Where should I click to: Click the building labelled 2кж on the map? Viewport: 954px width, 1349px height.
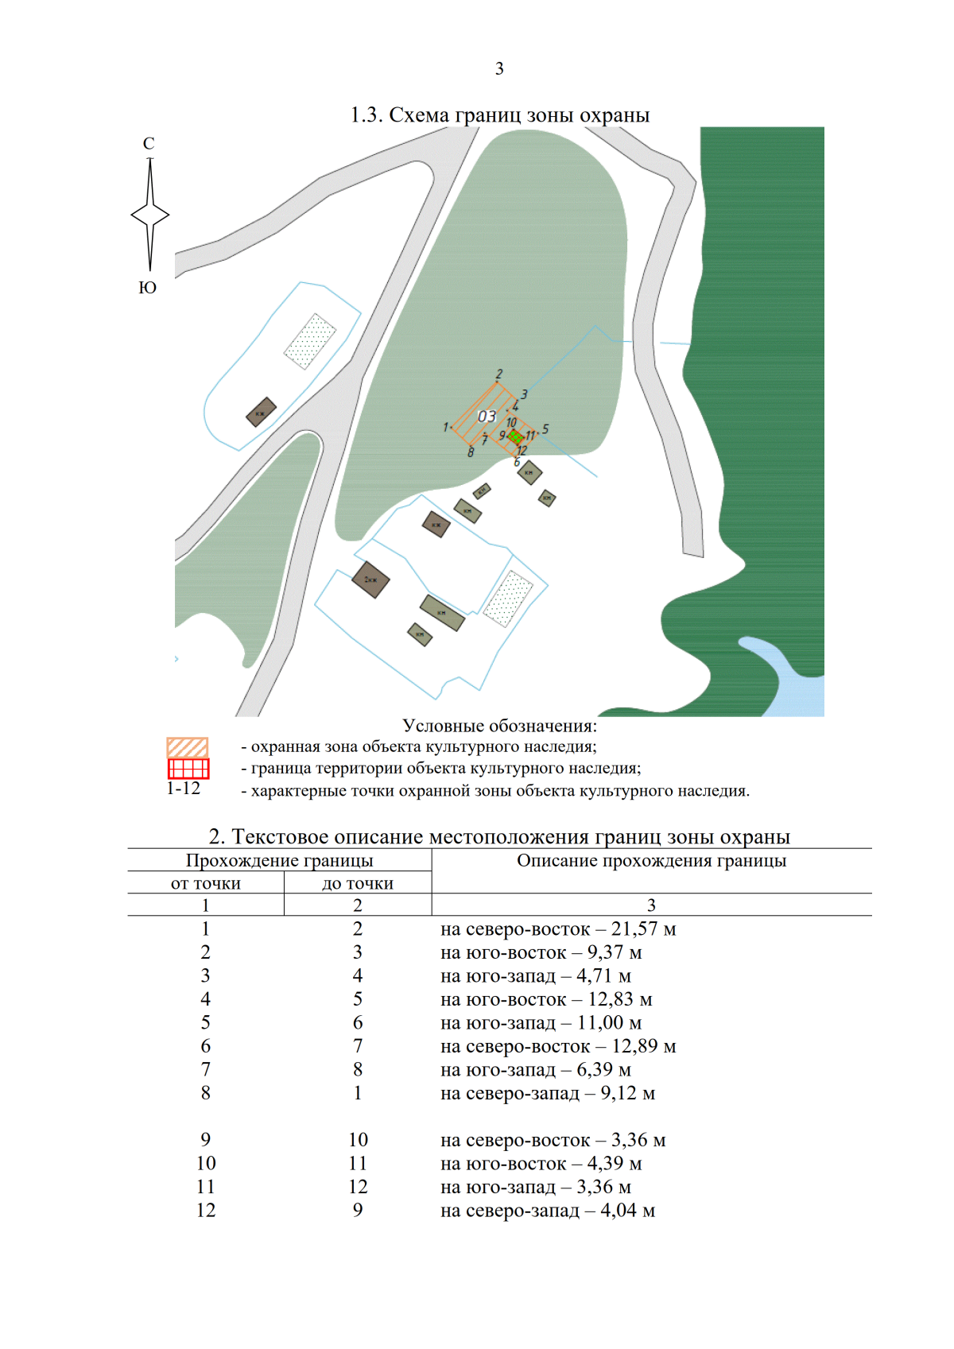370,580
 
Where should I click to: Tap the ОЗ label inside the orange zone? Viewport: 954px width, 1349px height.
487,417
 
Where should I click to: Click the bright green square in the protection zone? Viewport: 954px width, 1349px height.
515,436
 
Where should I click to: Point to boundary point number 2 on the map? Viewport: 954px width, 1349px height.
499,374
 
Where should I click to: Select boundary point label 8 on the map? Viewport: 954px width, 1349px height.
471,452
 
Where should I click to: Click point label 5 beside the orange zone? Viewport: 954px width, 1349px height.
545,429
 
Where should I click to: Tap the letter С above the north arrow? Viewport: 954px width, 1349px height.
149,144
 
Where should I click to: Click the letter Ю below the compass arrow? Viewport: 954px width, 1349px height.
148,288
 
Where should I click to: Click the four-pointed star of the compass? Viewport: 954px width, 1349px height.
150,215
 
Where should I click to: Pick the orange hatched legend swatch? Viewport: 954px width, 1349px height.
188,747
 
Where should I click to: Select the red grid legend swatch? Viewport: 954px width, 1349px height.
188,769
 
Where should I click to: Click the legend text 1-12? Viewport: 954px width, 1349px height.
184,789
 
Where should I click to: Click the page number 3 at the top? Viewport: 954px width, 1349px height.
499,69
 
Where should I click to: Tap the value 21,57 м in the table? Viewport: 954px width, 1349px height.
643,928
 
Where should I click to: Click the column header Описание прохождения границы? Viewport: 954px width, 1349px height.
651,861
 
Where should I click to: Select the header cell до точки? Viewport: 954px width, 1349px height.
358,883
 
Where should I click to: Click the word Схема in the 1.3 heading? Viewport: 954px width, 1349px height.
419,115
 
